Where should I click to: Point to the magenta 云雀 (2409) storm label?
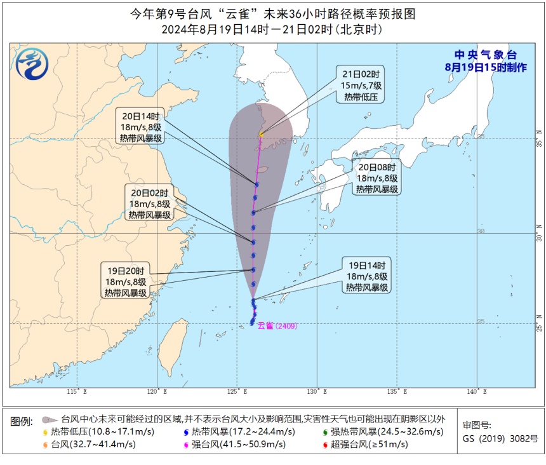[283, 326]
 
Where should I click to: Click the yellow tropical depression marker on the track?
[261, 135]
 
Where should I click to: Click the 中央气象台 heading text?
[484, 55]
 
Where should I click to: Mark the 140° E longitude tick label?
[472, 392]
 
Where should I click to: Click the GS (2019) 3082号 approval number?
[500, 438]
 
